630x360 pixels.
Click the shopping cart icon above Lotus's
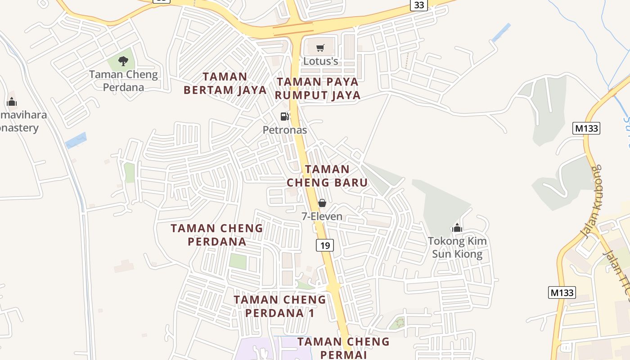coord(320,48)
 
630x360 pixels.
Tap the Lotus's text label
coord(320,61)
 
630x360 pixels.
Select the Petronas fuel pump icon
coord(285,117)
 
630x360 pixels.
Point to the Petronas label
coord(285,130)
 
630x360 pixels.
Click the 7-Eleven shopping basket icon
coord(322,203)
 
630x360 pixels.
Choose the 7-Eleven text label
coord(322,216)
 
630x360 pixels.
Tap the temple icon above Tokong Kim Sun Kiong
coord(457,228)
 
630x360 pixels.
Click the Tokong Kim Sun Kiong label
coord(457,247)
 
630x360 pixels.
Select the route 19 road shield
coord(325,245)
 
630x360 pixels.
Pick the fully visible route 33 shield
coord(419,5)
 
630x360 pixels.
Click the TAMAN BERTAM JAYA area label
coord(225,83)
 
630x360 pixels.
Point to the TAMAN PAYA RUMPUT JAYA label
coord(318,89)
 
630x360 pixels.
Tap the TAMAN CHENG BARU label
coord(327,176)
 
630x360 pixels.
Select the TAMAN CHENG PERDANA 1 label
coord(280,306)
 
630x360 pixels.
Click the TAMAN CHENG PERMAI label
coord(343,348)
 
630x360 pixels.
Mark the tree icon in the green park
coord(123,61)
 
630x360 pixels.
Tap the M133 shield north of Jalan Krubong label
coord(587,128)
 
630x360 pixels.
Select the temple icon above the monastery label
coord(12,102)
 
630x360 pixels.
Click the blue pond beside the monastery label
coord(76,140)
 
